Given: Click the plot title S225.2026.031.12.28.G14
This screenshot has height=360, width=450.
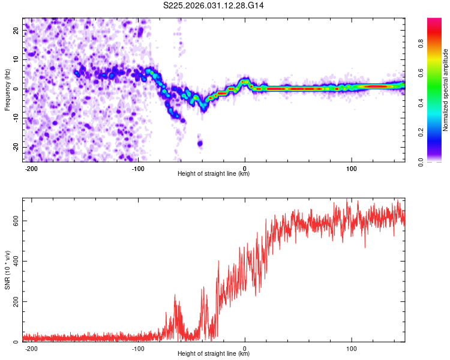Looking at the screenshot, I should click(x=214, y=5).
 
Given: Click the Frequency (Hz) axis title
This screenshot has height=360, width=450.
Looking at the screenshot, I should click(x=7, y=89).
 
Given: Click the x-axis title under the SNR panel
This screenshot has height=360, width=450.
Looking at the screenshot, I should click(x=214, y=354).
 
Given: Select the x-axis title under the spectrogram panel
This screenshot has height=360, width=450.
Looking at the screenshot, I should click(x=214, y=174).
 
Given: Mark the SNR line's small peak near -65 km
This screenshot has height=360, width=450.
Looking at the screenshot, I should click(x=175, y=295).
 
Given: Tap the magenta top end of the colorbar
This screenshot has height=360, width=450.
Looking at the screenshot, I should click(x=434, y=21).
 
